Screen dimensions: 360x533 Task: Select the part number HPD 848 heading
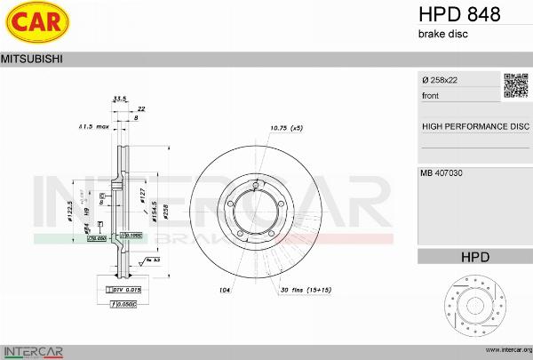click(458, 14)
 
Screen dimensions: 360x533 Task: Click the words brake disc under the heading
click(442, 34)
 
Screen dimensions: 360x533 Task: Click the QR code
click(516, 85)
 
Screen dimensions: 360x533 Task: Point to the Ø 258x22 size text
click(442, 80)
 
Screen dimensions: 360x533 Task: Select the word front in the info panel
click(431, 94)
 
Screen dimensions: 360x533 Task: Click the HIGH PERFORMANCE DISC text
click(474, 126)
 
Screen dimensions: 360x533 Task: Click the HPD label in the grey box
click(474, 257)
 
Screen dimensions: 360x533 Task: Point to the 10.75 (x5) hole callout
click(286, 128)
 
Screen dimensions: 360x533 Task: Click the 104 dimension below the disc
click(225, 291)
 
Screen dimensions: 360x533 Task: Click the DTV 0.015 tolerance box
click(123, 290)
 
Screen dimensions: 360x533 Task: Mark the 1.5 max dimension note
click(93, 127)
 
